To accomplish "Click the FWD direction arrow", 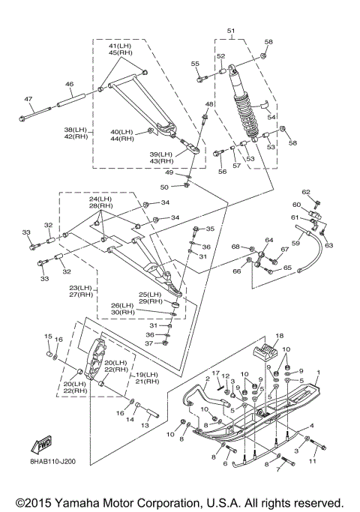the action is [41, 445].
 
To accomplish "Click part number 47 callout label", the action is [28, 99].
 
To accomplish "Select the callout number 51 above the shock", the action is [231, 31].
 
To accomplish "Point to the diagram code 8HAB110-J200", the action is [52, 461].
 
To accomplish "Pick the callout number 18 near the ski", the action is [279, 335].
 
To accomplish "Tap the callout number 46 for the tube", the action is [69, 84].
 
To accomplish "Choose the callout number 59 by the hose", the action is [295, 244].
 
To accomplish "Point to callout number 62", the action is [306, 192].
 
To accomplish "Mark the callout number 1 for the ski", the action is [319, 373].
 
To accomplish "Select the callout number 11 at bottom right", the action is [313, 461].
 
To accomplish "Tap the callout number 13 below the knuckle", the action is [145, 425].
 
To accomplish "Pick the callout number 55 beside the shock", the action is [195, 64].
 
